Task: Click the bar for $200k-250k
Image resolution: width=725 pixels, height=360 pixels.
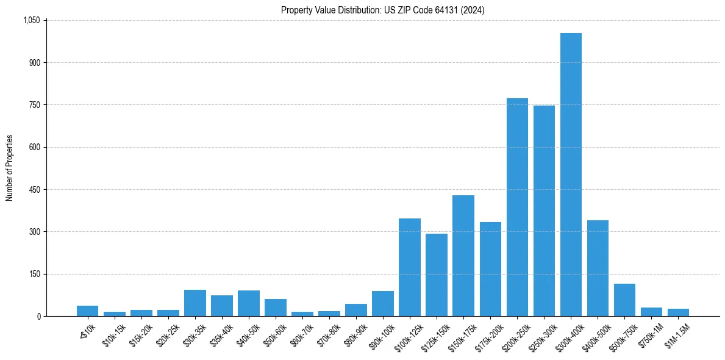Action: [x=517, y=207]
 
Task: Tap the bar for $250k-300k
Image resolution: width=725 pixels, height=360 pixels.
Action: [x=544, y=211]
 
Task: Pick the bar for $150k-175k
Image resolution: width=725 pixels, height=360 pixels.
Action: [x=463, y=256]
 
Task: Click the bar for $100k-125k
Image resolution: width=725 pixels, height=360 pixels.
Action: [x=410, y=267]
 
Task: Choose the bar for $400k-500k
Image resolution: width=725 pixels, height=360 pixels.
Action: [x=598, y=268]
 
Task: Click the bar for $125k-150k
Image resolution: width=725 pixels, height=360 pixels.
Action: [x=437, y=275]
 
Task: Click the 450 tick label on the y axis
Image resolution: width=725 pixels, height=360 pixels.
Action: [x=34, y=190]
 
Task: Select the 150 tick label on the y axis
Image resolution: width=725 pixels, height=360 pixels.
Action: [x=34, y=274]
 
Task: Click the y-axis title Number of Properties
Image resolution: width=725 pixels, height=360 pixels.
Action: [x=9, y=168]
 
